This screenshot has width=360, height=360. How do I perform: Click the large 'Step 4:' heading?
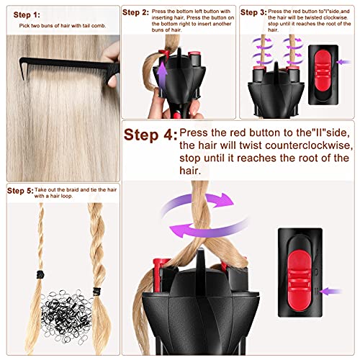point(150,135)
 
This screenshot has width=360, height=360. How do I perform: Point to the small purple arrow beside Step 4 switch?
point(335,292)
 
